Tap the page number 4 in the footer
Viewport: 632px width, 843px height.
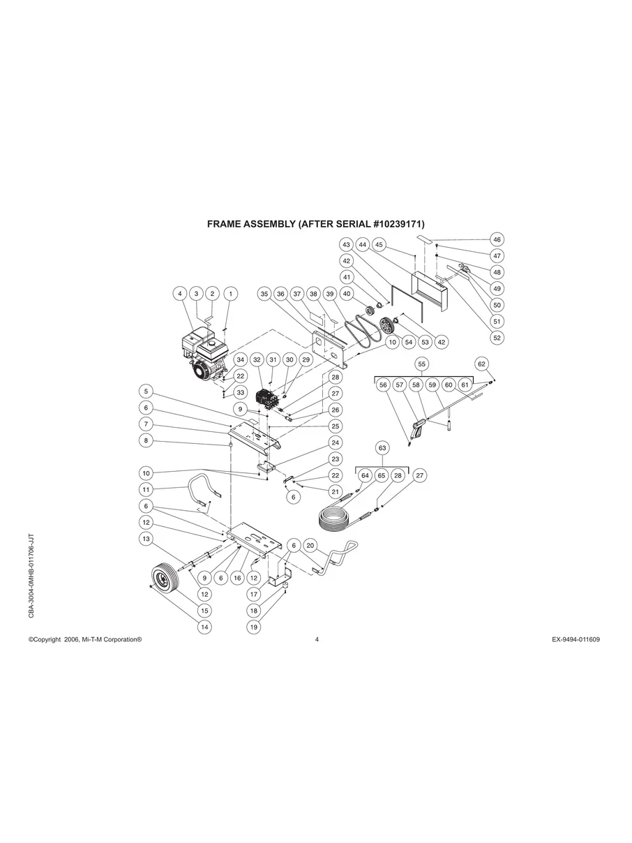pyautogui.click(x=317, y=639)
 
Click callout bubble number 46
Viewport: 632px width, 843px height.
pyautogui.click(x=497, y=239)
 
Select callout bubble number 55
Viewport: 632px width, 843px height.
pyautogui.click(x=421, y=364)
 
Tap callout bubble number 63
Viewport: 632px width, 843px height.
pyautogui.click(x=382, y=447)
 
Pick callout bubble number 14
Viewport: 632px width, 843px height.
pyautogui.click(x=204, y=627)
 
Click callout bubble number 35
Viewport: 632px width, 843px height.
pyautogui.click(x=264, y=294)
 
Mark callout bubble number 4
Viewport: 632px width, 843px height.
pyautogui.click(x=180, y=294)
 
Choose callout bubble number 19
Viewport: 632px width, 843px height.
pyautogui.click(x=254, y=627)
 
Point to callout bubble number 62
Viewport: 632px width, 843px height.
pyautogui.click(x=481, y=364)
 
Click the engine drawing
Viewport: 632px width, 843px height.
pyautogui.click(x=203, y=352)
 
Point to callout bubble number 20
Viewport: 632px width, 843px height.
pyautogui.click(x=311, y=545)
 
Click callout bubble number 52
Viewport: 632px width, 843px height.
pyautogui.click(x=497, y=338)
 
